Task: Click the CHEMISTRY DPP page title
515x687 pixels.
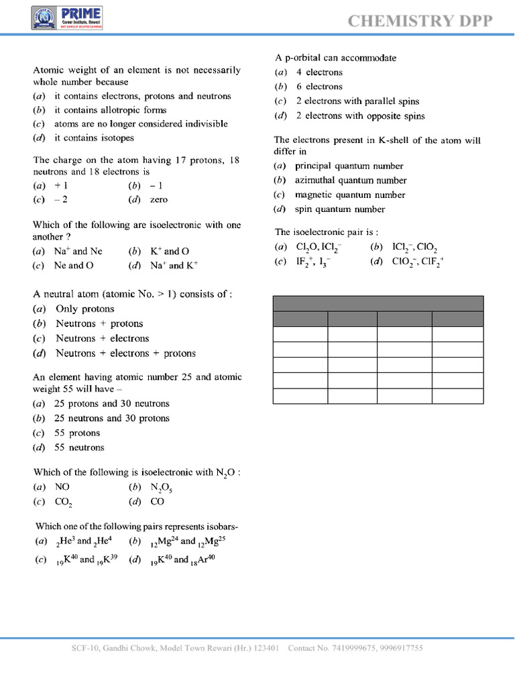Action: click(x=420, y=21)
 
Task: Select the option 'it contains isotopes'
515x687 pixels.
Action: click(x=94, y=138)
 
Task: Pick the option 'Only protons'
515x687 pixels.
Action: click(x=84, y=309)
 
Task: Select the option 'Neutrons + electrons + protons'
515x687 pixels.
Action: click(x=125, y=353)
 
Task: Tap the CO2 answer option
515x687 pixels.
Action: click(x=63, y=502)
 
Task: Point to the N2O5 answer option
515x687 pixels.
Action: click(x=161, y=488)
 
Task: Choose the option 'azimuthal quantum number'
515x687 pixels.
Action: click(x=351, y=180)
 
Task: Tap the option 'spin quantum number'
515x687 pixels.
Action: click(x=340, y=209)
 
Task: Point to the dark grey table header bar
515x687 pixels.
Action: click(x=378, y=303)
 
